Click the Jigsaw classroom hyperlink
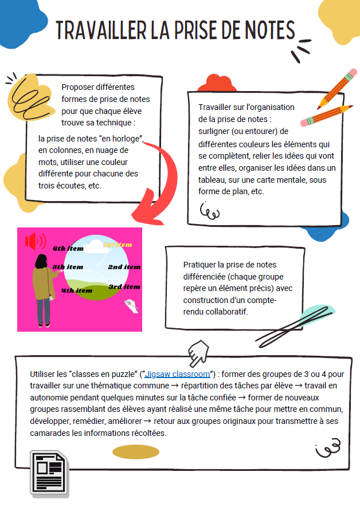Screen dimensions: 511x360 point(177,374)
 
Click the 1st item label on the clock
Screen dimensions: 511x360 point(118,245)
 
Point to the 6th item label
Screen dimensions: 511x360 point(68,249)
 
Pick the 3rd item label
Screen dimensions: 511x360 point(124,286)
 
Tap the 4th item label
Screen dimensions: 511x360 point(77,290)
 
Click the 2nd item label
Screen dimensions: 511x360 point(124,267)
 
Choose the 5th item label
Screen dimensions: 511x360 point(68,267)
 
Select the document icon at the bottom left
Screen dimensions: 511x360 point(49,473)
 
